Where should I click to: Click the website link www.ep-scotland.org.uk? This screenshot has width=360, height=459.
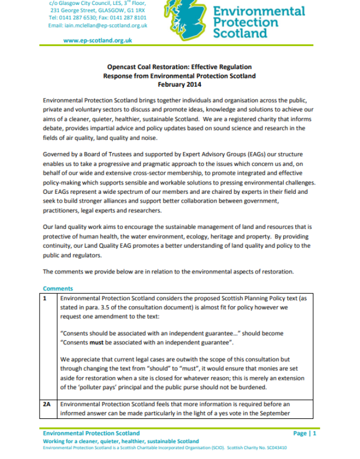pos(98,40)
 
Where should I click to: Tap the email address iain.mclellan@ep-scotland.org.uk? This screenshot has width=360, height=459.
pos(98,25)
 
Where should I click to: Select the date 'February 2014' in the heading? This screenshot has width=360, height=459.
pos(179,85)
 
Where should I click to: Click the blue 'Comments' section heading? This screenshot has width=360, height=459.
pos(58,288)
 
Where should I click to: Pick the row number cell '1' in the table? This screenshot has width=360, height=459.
pos(46,298)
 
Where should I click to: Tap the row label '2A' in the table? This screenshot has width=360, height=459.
pos(47,404)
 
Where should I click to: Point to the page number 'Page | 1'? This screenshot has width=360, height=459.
pos(305,433)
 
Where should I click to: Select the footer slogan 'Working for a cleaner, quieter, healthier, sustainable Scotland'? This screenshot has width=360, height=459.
pos(121,441)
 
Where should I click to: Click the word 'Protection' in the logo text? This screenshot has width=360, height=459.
pos(245,23)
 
